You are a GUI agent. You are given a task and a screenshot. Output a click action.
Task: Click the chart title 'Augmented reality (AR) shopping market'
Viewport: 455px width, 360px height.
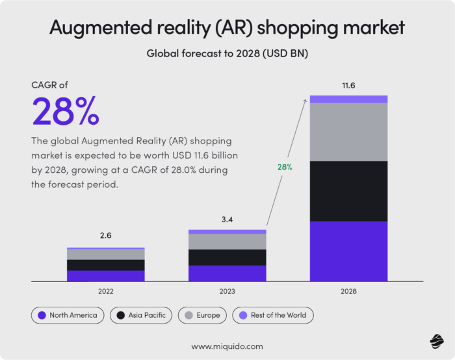click(227, 28)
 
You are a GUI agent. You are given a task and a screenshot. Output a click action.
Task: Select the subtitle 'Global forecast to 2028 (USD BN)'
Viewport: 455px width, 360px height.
click(227, 54)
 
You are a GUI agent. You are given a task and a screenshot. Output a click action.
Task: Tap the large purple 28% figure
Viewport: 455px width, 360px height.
click(66, 112)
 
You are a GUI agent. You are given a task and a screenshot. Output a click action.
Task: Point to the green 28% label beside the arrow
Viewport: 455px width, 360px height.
click(285, 167)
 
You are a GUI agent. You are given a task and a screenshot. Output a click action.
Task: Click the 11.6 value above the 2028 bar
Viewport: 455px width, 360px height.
click(348, 85)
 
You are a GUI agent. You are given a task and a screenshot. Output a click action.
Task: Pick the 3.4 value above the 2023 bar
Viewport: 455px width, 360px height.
click(226, 220)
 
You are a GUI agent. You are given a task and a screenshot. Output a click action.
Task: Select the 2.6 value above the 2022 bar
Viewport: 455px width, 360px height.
click(105, 236)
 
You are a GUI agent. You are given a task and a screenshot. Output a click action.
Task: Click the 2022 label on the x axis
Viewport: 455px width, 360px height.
click(105, 292)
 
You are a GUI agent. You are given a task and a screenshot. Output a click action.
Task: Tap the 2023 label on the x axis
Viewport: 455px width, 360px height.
click(227, 292)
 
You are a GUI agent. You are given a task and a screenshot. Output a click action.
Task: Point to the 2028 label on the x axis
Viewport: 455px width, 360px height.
click(348, 292)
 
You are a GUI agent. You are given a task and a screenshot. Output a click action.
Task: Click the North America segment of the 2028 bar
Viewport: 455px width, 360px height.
click(348, 251)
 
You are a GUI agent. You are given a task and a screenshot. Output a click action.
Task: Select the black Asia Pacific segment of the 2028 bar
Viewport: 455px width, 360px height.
click(348, 191)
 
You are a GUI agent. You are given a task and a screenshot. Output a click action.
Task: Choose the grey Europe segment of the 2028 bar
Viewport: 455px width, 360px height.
click(348, 132)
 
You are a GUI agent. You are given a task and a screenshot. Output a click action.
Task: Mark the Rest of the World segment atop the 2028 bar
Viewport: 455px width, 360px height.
click(348, 99)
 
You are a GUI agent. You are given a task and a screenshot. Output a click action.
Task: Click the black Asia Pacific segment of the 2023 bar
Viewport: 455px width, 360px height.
click(227, 257)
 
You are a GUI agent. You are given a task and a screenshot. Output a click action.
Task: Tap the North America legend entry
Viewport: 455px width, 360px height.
click(68, 315)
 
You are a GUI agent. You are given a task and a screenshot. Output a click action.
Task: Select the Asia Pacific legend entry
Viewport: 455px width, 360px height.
click(141, 315)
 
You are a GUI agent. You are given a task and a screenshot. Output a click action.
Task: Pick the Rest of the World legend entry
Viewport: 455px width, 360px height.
click(273, 315)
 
